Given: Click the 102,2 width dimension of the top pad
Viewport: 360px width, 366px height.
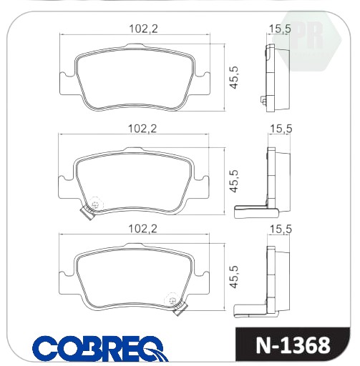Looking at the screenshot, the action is [x=143, y=29].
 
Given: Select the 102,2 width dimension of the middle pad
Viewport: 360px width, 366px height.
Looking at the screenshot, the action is [x=142, y=129].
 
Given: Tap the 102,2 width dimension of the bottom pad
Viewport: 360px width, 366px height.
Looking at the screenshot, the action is [x=142, y=229].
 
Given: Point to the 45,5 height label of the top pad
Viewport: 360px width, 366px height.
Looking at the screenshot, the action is [x=234, y=78].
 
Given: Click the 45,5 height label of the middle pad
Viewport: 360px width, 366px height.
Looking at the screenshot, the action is [x=234, y=181].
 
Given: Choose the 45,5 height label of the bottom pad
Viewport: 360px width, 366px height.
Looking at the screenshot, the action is [x=234, y=277].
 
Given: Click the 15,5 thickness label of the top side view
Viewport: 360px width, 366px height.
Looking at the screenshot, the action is [x=280, y=29].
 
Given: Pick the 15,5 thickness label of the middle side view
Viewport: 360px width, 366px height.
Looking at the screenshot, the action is [x=281, y=129].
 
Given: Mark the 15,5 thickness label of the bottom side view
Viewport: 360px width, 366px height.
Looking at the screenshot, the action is [x=281, y=229].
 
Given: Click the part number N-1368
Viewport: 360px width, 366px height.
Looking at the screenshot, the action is [x=293, y=345].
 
